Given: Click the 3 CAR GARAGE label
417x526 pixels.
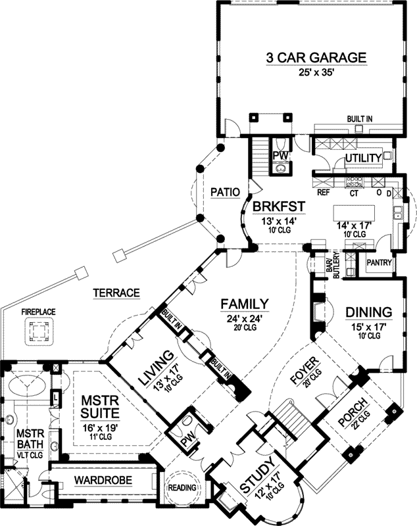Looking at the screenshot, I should pyautogui.click(x=316, y=59).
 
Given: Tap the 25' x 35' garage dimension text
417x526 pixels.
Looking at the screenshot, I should pyautogui.click(x=316, y=73).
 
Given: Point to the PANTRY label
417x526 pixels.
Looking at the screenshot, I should pyautogui.click(x=380, y=263).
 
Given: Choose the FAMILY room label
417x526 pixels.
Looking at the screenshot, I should pyautogui.click(x=244, y=304).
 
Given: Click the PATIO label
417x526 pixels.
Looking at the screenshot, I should pyautogui.click(x=224, y=192).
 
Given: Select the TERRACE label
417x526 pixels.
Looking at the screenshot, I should pyautogui.click(x=117, y=293).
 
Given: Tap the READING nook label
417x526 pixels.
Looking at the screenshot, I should pyautogui.click(x=182, y=487).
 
